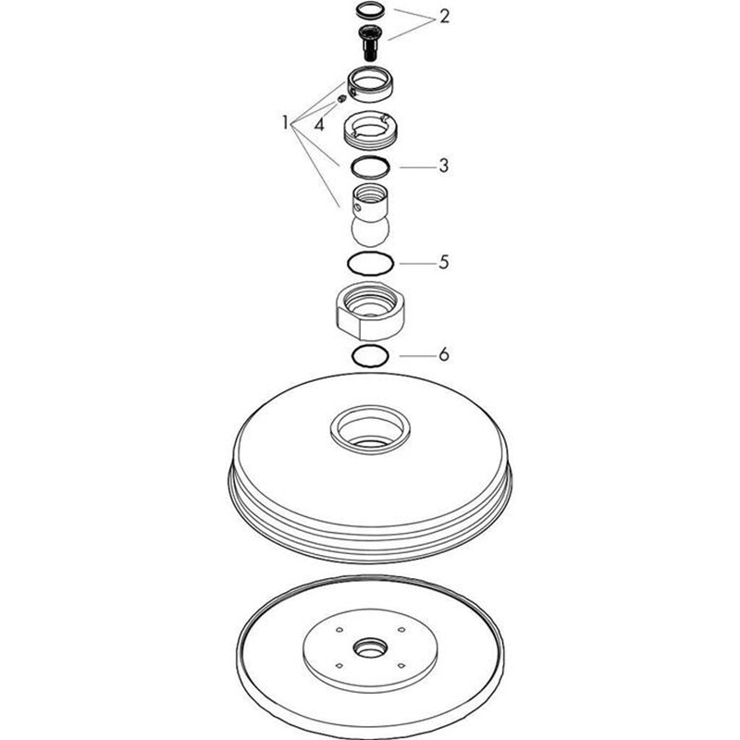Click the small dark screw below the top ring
369,43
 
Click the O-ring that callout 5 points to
370,264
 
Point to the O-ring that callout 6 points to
370,356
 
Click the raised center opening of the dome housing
369,428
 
